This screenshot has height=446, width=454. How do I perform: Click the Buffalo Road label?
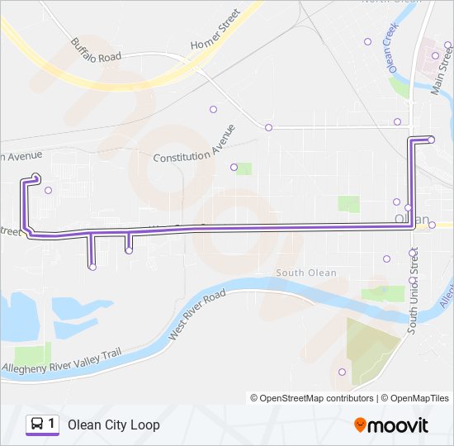[96, 49]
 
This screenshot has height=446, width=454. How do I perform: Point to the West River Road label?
[196, 315]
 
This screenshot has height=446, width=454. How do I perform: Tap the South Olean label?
[305, 273]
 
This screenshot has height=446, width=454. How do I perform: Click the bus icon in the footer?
[37, 424]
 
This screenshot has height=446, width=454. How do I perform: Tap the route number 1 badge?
[52, 424]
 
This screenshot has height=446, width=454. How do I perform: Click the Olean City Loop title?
[114, 425]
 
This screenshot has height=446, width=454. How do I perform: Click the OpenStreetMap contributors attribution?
[312, 397]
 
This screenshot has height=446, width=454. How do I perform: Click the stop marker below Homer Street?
[213, 109]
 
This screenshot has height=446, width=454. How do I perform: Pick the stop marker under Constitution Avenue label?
[234, 167]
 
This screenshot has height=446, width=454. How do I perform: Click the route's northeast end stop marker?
[431, 140]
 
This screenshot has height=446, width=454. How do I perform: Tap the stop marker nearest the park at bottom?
[342, 372]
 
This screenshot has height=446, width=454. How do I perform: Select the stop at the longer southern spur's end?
[92, 267]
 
